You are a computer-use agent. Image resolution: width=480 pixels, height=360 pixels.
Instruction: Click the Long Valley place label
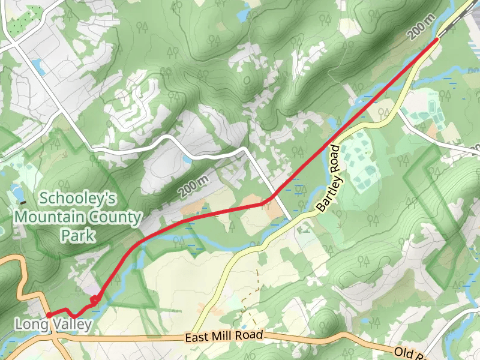[53, 325]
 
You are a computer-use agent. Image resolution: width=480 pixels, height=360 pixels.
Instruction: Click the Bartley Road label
[332, 178]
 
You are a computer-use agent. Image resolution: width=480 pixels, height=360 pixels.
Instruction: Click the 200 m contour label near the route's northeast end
[421, 28]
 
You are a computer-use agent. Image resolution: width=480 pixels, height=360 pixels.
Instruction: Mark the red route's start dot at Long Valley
[48, 315]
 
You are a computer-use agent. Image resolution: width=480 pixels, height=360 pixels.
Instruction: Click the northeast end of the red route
[436, 40]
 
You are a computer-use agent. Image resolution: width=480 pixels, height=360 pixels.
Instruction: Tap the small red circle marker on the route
[94, 300]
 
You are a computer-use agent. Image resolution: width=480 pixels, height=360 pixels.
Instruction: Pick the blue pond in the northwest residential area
[38, 67]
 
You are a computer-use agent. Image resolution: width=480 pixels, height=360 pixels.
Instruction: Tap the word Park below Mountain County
[78, 235]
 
